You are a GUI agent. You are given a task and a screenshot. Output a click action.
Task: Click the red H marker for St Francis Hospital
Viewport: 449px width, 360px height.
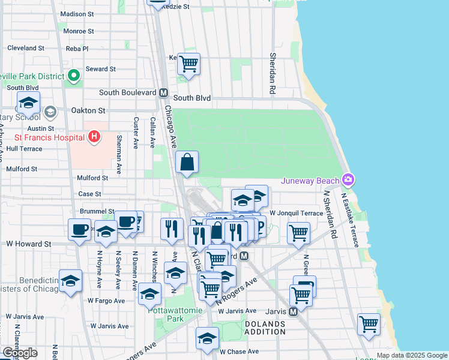point(94,137)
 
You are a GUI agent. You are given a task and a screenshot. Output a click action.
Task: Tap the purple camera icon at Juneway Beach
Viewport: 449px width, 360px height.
point(348,180)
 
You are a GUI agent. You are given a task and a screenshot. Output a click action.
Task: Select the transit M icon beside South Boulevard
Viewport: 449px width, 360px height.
point(163,93)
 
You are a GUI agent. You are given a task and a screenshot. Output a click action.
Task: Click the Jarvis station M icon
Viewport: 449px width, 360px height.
point(294,311)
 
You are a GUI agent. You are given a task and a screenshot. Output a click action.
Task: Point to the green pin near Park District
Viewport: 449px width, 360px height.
point(74,76)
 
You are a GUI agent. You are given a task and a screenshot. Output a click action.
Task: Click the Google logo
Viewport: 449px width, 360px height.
point(20,352)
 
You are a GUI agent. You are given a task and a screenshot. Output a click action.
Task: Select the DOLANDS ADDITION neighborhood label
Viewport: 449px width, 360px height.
point(265,328)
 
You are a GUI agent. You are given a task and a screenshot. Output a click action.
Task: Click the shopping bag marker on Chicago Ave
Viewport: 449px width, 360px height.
point(187,162)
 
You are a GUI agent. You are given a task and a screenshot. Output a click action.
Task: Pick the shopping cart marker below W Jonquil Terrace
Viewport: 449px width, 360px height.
point(298,233)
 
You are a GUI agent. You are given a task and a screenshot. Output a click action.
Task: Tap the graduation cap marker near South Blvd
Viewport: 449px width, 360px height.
point(28,103)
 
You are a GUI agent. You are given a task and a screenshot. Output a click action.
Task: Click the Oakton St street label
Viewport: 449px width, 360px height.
point(88,110)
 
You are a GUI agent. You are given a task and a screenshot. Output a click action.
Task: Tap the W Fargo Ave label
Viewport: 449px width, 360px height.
point(106,300)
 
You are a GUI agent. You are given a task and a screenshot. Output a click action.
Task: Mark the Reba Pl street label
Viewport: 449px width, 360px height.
point(77,49)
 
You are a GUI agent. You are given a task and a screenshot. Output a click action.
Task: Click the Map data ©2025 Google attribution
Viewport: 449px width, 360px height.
point(411,355)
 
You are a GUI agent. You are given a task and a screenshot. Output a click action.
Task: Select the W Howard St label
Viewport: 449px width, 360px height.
point(29,244)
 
